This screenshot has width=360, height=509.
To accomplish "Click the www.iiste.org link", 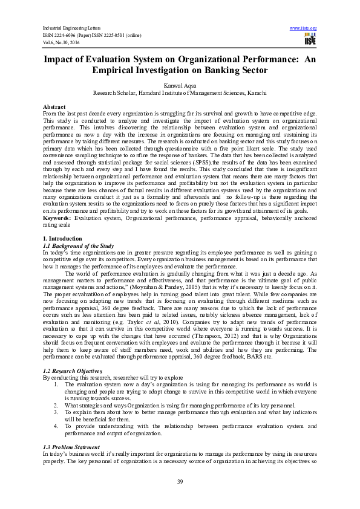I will point(304,28).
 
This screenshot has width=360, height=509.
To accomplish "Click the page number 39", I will point(180,481).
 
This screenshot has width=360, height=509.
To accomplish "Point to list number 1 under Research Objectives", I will point(56,383).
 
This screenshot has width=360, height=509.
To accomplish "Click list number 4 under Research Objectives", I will point(56,426).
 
